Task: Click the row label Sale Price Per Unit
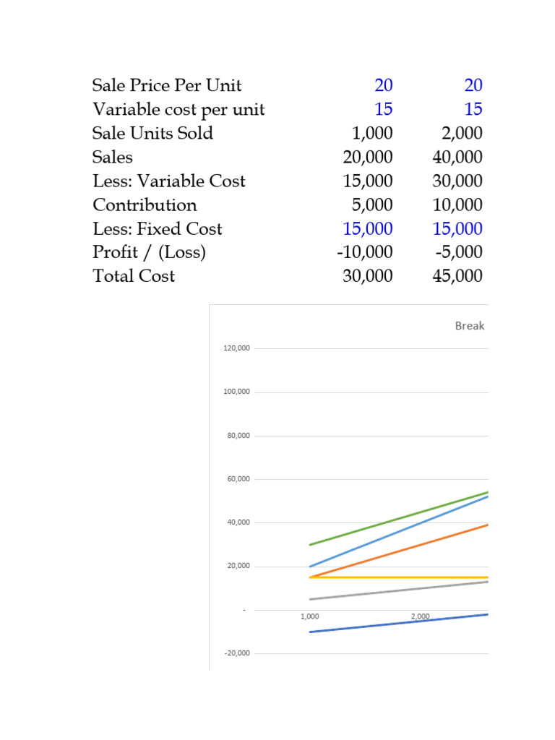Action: [x=167, y=85]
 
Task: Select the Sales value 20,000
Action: [x=368, y=157]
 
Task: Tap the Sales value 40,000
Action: [x=457, y=157]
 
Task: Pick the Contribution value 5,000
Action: [x=372, y=205]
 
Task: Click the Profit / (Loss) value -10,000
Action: [x=364, y=252]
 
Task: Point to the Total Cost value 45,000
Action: [x=457, y=276]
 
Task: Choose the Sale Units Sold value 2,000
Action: [x=462, y=134]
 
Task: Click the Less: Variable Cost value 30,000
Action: [x=457, y=181]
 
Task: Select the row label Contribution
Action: [x=145, y=205]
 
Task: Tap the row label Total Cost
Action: [x=134, y=276]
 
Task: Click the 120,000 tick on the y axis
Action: [x=236, y=348]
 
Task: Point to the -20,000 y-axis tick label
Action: [x=237, y=653]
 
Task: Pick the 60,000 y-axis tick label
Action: [x=238, y=479]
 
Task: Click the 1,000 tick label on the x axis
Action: [x=309, y=616]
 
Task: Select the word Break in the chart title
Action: [x=470, y=326]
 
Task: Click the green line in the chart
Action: [x=399, y=519]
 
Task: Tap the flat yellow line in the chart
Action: [x=399, y=577]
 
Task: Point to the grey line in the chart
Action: [x=399, y=590]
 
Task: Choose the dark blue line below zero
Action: [x=399, y=623]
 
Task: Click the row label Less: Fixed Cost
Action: [x=157, y=229]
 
